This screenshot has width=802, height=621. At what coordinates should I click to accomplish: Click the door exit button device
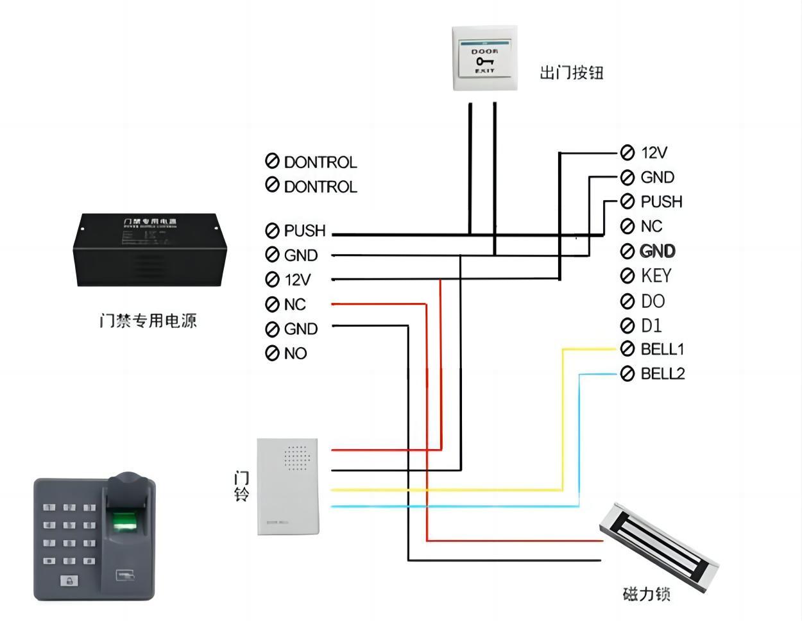pyautogui.click(x=484, y=58)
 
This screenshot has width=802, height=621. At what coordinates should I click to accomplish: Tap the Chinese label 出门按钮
pyautogui.click(x=571, y=72)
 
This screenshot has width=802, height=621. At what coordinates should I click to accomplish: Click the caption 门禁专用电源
pyautogui.click(x=148, y=320)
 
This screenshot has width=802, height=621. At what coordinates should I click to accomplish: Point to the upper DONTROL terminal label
pyautogui.click(x=320, y=162)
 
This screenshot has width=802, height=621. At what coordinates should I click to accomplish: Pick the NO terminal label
pyautogui.click(x=295, y=353)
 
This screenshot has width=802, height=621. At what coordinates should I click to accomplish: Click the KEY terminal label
pyautogui.click(x=656, y=276)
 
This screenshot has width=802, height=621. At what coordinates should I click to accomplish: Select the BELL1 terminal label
pyautogui.click(x=662, y=349)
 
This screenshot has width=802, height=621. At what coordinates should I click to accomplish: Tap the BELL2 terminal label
pyautogui.click(x=663, y=373)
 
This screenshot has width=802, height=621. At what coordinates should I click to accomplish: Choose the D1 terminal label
pyautogui.click(x=651, y=325)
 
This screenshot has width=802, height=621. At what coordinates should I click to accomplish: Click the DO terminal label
pyautogui.click(x=653, y=301)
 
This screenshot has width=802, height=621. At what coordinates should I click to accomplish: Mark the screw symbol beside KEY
pyautogui.click(x=627, y=276)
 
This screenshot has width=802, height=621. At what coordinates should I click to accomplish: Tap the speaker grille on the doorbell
pyautogui.click(x=296, y=458)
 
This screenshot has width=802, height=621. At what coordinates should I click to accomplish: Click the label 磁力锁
pyautogui.click(x=646, y=594)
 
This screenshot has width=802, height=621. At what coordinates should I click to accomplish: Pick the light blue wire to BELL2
pyautogui.click(x=579, y=436)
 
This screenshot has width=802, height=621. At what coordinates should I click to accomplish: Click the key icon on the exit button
pyautogui.click(x=484, y=61)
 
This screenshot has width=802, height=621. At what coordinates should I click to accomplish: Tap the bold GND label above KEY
pyautogui.click(x=658, y=251)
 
